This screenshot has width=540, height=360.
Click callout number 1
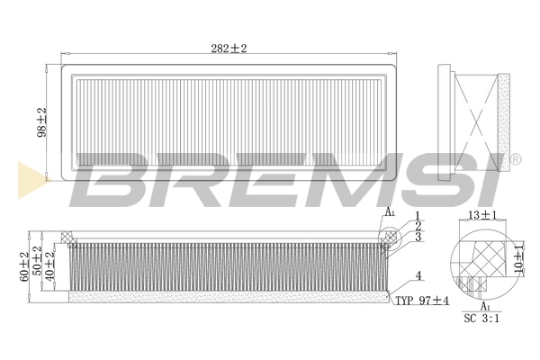tap(418, 214)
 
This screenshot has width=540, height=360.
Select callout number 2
tap(418, 225)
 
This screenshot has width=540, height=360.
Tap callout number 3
tap(418, 237)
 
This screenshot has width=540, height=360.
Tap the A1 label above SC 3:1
tap(486, 306)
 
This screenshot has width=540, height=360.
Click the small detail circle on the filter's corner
tap(389, 236)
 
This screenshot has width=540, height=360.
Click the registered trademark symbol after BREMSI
tap(515, 158)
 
